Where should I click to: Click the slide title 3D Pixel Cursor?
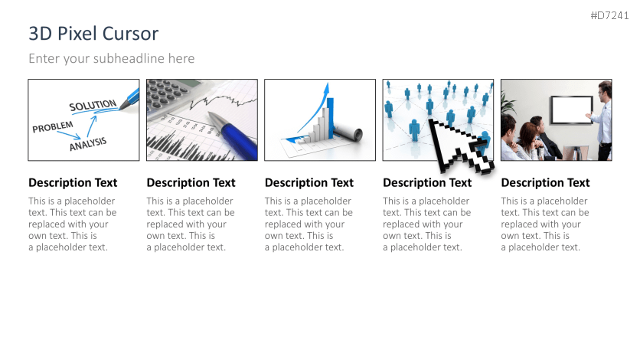tap(93, 34)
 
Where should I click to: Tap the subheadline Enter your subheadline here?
tap(111, 58)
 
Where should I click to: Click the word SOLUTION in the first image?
tap(92, 105)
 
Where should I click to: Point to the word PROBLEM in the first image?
tap(53, 126)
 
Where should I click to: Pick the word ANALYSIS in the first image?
tap(88, 143)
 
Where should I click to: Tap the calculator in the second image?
tap(171, 94)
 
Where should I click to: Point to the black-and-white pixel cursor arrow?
tap(458, 146)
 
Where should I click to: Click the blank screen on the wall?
tap(571, 110)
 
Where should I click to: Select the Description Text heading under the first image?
tap(73, 183)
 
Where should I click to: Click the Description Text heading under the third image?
tap(309, 183)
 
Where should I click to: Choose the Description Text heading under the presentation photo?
tap(545, 183)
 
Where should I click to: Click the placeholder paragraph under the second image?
tap(191, 224)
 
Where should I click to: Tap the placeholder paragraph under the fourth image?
tap(427, 224)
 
